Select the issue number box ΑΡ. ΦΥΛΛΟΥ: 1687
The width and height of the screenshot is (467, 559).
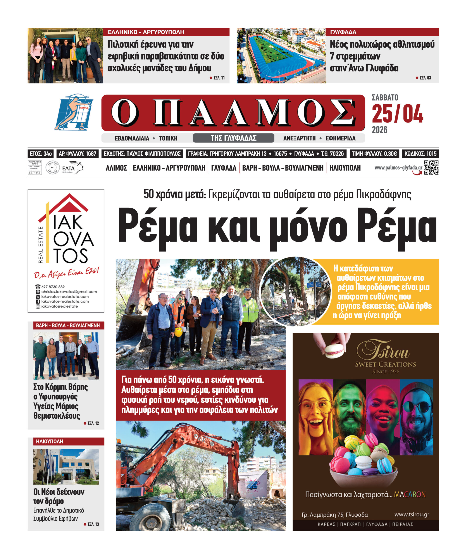[78, 154]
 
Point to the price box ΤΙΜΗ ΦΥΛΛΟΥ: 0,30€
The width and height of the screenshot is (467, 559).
[374, 154]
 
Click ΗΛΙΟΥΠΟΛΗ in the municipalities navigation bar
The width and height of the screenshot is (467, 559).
[345, 168]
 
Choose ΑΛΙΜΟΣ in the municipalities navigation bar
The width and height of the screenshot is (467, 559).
[116, 168]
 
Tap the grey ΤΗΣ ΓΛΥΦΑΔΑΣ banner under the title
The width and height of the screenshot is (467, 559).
[233, 138]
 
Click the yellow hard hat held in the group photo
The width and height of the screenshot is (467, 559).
[178, 332]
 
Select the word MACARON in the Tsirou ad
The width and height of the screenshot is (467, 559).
[410, 494]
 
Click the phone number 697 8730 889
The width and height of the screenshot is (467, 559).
[53, 287]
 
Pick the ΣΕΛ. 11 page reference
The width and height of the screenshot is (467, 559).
[219, 78]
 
